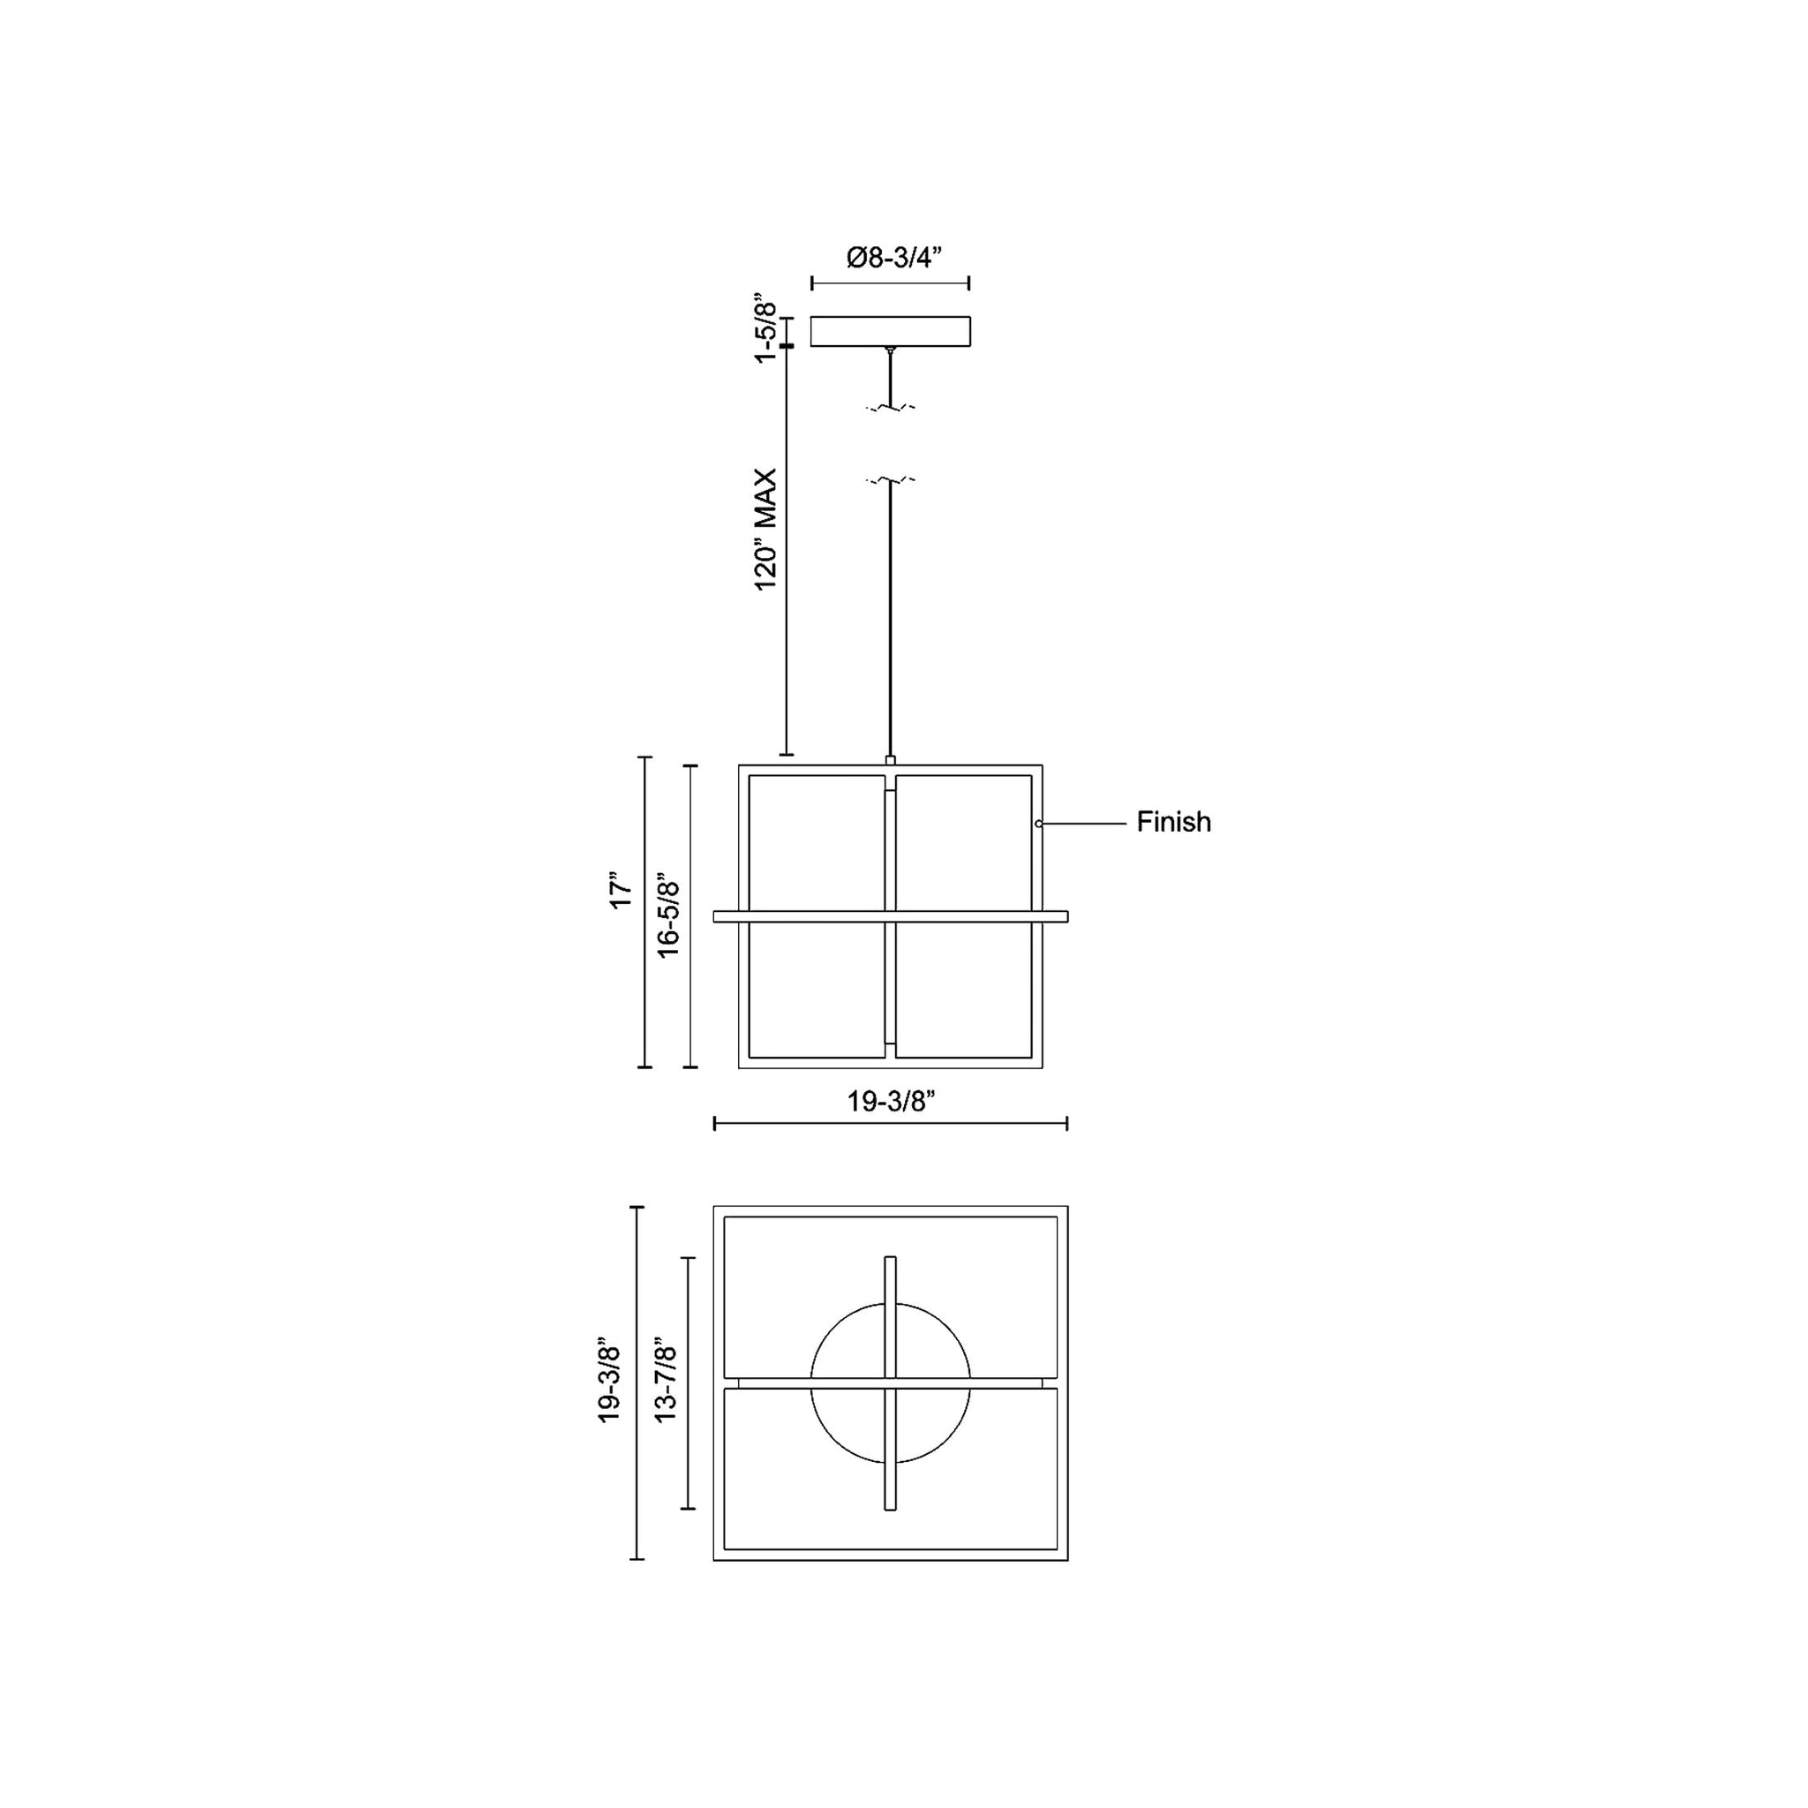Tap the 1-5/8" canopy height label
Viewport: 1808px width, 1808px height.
point(766,332)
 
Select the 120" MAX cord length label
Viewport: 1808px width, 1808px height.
point(766,530)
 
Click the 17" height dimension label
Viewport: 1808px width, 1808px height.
point(621,892)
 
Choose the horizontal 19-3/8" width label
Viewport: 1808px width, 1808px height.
point(891,1102)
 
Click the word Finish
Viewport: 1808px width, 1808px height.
point(1173,822)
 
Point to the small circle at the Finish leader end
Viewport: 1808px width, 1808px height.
point(1039,824)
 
